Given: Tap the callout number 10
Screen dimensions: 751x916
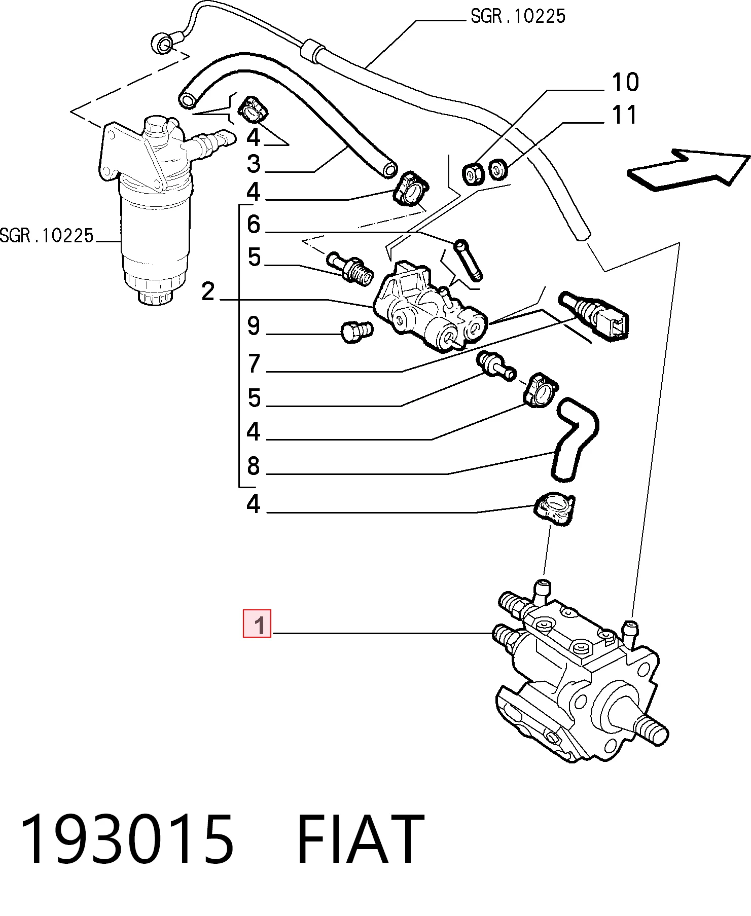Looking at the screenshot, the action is click(x=625, y=82).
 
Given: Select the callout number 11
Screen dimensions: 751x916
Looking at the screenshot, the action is click(x=624, y=115).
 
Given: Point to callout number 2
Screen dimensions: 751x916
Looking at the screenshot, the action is click(x=208, y=292).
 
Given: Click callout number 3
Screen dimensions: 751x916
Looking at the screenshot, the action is click(x=254, y=164).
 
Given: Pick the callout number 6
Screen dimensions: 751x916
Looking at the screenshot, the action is click(x=254, y=224).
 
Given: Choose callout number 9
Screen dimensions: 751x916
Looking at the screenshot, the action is click(x=254, y=326).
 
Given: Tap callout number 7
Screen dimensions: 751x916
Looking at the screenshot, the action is click(x=254, y=364).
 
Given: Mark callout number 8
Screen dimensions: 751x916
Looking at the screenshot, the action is click(x=254, y=466).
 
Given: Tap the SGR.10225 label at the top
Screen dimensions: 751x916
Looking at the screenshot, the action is click(x=518, y=16).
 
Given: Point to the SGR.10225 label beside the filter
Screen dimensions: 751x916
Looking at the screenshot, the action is click(x=47, y=236).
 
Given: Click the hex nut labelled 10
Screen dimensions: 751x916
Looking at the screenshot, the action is click(x=473, y=175).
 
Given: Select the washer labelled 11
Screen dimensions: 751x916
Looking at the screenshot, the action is click(x=498, y=169).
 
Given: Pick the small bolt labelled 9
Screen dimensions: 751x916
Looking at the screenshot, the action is click(x=356, y=332).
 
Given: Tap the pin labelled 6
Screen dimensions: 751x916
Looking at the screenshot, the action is click(x=470, y=259).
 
